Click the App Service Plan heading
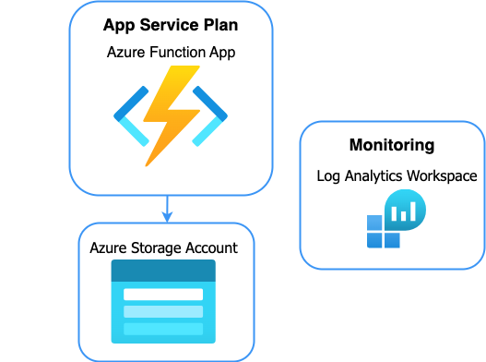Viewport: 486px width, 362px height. pos(171,25)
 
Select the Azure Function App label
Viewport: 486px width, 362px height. pos(171,53)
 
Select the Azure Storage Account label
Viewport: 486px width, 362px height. pos(163,247)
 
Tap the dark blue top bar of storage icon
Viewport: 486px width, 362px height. pos(163,271)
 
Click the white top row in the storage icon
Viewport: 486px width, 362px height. pos(163,295)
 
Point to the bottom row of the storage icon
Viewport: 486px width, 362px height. pos(163,329)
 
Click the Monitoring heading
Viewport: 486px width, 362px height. pos(392,145)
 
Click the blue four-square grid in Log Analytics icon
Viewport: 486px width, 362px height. pos(383,232)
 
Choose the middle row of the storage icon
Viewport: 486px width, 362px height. pos(163,311)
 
